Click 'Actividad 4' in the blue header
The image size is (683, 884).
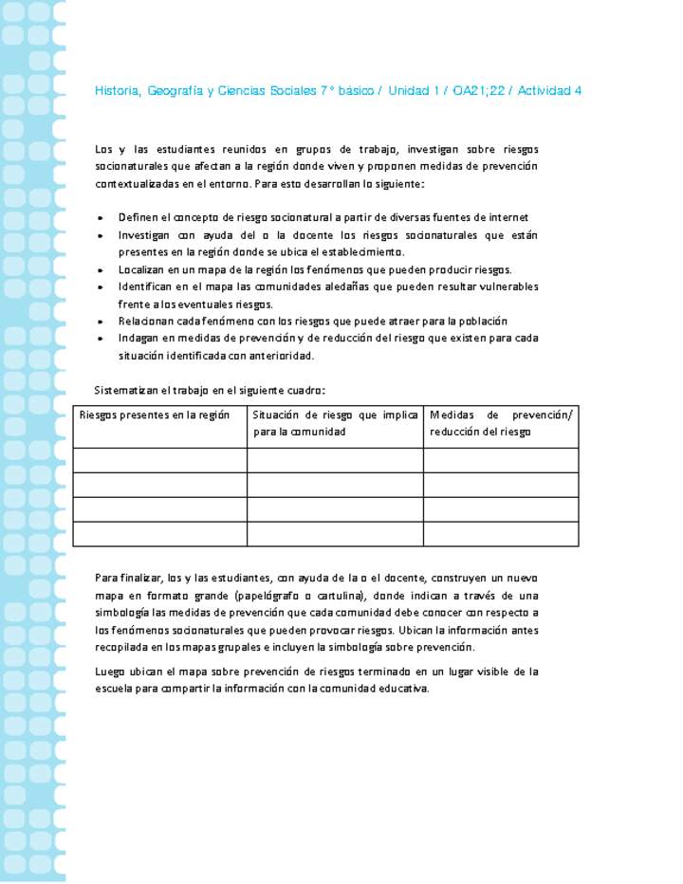click(x=549, y=91)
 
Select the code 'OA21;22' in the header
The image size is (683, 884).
click(x=480, y=91)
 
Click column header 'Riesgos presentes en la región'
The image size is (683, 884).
click(x=155, y=414)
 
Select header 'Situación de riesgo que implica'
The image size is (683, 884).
click(x=335, y=414)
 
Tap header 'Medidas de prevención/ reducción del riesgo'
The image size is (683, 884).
click(x=501, y=423)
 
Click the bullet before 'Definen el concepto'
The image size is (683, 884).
click(x=101, y=218)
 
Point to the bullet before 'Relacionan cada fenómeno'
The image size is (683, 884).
click(x=101, y=322)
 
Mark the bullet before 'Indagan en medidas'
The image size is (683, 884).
click(x=101, y=339)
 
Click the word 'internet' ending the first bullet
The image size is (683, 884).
click(x=508, y=218)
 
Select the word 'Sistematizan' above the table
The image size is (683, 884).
click(x=128, y=390)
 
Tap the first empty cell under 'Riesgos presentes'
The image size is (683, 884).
click(x=160, y=460)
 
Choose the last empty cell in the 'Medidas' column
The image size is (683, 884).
click(x=501, y=534)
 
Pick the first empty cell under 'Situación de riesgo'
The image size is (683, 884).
click(x=335, y=460)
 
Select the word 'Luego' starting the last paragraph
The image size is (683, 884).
click(x=111, y=672)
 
